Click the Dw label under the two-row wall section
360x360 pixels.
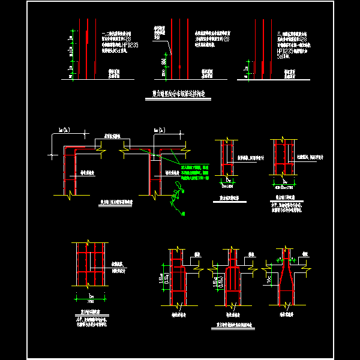229,179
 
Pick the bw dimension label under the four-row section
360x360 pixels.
91,296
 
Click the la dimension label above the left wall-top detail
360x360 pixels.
62,130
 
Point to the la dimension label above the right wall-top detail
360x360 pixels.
158,130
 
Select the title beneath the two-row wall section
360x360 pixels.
229,196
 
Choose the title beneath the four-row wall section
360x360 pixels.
91,311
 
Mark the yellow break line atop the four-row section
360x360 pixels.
90,242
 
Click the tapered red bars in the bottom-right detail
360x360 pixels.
289,279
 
